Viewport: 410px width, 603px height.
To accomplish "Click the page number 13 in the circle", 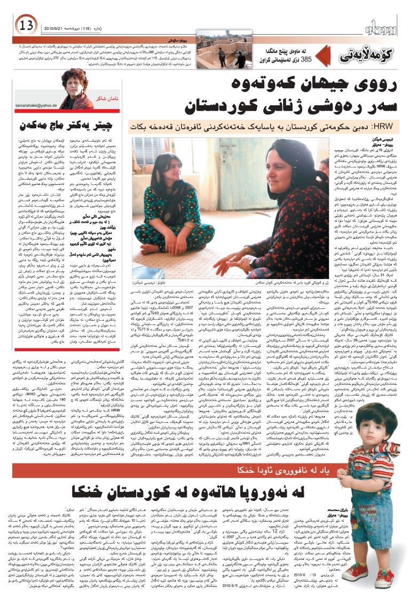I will (x=25, y=25).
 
